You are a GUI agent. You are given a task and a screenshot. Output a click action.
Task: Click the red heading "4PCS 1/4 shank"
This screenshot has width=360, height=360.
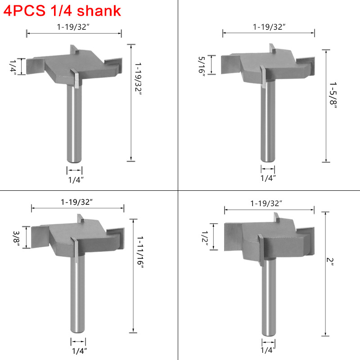pos(62,10)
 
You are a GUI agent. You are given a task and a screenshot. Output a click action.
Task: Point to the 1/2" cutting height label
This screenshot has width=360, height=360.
pos(205,238)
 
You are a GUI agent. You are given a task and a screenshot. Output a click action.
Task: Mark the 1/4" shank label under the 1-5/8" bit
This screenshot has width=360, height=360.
pos(268,178)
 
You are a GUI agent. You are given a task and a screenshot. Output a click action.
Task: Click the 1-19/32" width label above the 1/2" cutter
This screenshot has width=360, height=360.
pos(267,203)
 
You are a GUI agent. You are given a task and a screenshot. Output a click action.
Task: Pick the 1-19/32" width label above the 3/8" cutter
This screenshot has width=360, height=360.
pos(77,202)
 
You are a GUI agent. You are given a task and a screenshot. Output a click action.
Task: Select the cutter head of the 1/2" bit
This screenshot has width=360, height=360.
pos(268,238)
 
